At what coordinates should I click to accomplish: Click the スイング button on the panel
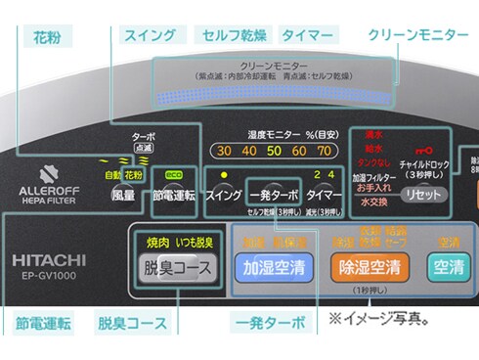click(224, 195)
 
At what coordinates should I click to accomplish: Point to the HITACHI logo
click(50, 260)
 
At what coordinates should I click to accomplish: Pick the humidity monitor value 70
click(325, 151)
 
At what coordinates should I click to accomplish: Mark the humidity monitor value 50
click(275, 151)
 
